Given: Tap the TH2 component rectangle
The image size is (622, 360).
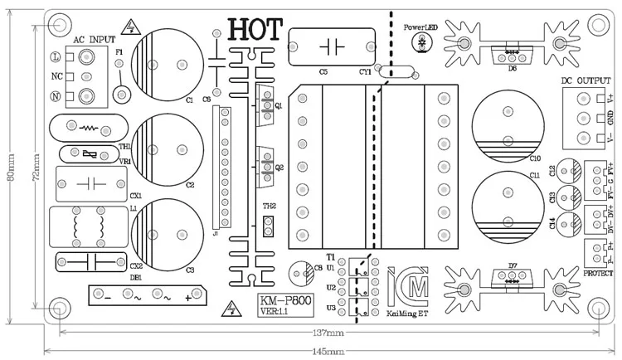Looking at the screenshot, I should [268, 225].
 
